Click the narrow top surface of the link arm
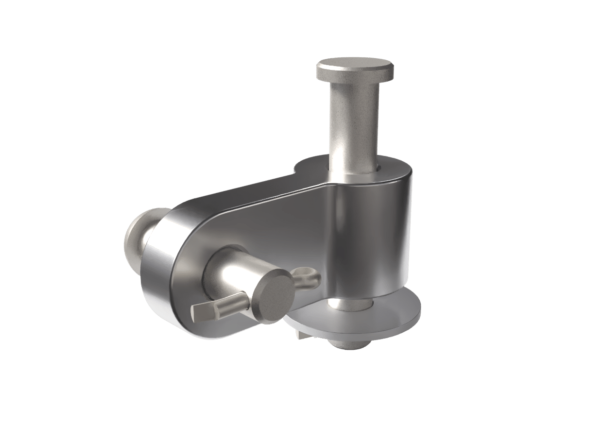(243, 192)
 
